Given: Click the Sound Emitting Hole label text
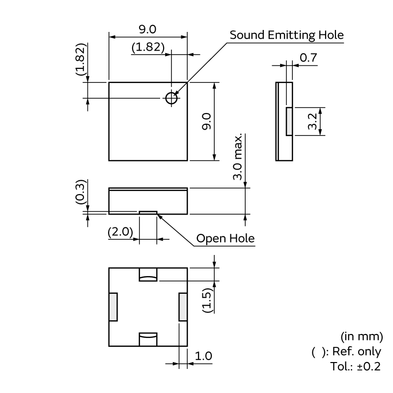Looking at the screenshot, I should pos(286,35).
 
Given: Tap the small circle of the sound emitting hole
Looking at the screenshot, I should pos(171,98).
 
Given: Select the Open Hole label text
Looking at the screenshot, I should pos(225,239).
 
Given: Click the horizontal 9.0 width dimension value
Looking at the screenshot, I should pos(147,29).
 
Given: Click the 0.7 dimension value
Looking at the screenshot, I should pos(308,57).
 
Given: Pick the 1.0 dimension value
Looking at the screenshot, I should pos(203,356).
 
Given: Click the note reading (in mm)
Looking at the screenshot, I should pos(362,337).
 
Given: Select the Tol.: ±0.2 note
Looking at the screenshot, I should pos(356,366).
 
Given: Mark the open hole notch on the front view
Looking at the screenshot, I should pos(148,212).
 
